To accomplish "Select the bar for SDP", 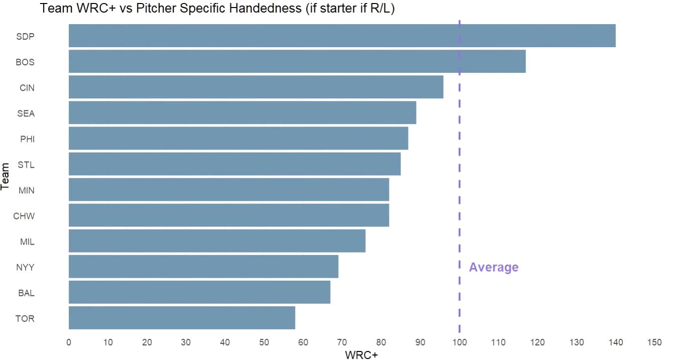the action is (x=342, y=36).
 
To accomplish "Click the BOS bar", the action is (x=297, y=61).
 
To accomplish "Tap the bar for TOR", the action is (x=182, y=318).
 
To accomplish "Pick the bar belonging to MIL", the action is (x=217, y=241).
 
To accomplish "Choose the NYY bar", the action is (x=203, y=266).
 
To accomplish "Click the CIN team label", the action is (x=27, y=88).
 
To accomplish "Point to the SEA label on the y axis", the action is (x=26, y=113).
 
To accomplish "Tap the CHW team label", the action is (x=24, y=216).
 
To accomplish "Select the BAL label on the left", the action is (x=26, y=293).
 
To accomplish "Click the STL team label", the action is (x=26, y=165).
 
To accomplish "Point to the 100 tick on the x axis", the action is (x=459, y=342).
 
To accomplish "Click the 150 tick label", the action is (x=654, y=342).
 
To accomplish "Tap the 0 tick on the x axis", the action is (x=69, y=342).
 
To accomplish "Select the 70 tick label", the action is (x=342, y=342).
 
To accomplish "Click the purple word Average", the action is (x=494, y=267).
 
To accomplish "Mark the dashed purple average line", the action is (x=459, y=176).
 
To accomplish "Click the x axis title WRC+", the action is (x=361, y=355).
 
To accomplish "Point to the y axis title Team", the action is (x=5, y=177).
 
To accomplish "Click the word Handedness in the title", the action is (x=265, y=8).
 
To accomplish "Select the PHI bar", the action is (x=238, y=139).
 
